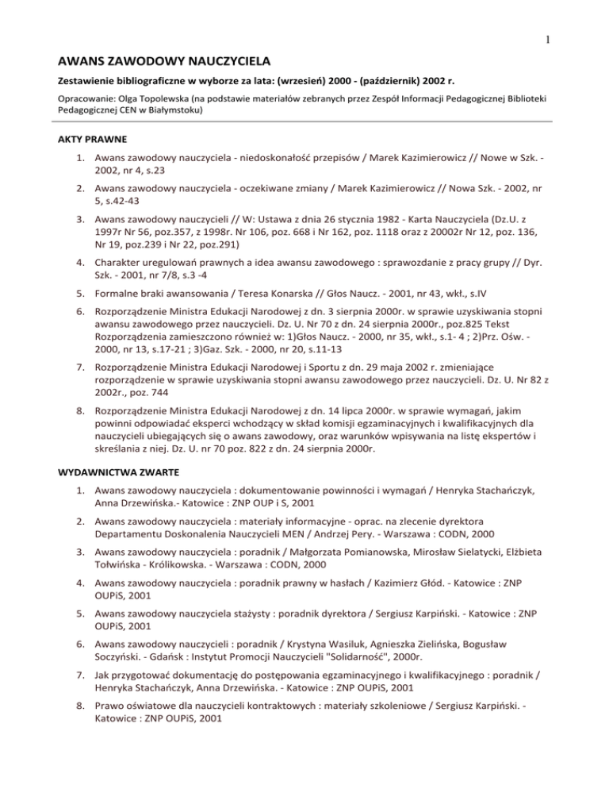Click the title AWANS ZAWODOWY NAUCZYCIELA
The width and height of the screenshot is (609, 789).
coord(167,60)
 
